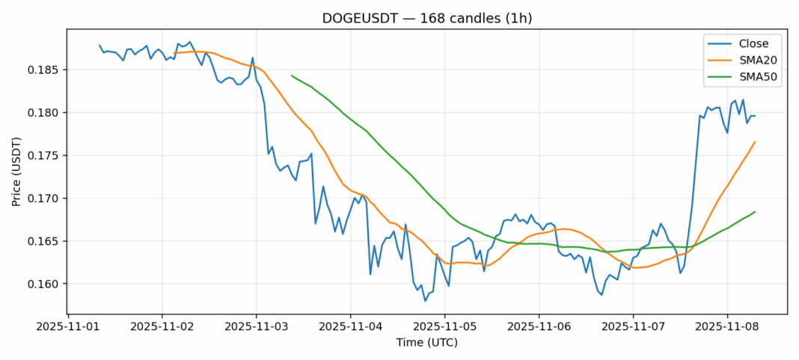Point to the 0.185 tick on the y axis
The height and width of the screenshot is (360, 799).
click(46, 70)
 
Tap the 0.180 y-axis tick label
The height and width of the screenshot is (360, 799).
click(46, 113)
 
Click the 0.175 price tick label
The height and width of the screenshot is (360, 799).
click(46, 156)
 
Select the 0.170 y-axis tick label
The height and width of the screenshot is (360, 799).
click(46, 198)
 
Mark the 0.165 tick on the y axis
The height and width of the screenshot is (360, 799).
click(46, 242)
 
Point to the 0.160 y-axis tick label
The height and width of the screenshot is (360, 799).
click(46, 284)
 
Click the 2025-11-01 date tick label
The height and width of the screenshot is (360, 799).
click(68, 326)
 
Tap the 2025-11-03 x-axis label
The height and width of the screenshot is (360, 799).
click(257, 326)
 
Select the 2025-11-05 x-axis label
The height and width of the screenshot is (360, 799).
click(444, 326)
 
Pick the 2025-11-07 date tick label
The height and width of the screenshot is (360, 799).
click(633, 326)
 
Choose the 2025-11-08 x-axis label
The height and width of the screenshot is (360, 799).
click(726, 326)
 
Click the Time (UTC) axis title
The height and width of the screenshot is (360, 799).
click(426, 343)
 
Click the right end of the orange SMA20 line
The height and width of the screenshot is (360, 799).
click(755, 141)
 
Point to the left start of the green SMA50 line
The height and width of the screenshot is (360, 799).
click(292, 76)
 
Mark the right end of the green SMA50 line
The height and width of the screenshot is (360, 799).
click(755, 212)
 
